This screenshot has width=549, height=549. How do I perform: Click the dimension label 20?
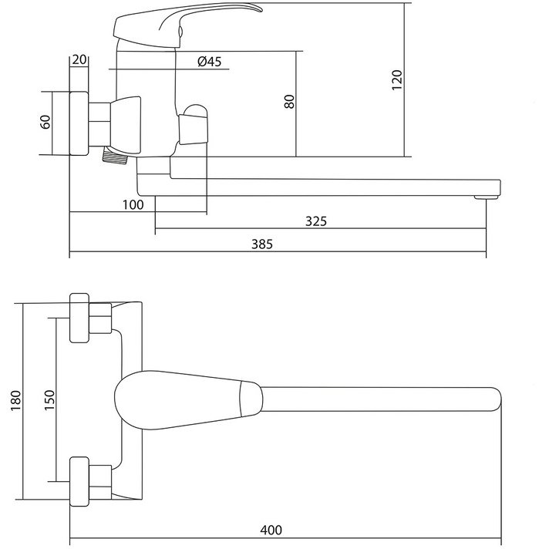point(79,59)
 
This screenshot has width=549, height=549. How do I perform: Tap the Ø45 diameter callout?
point(210,62)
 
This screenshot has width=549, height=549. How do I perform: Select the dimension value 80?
point(289,102)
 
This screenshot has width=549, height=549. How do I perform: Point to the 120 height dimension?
point(396,80)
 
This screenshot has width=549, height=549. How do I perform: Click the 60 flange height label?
point(45,122)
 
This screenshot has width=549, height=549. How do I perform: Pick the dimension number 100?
point(133,204)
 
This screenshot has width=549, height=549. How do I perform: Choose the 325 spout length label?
point(316,221)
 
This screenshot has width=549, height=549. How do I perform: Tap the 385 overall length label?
point(262,244)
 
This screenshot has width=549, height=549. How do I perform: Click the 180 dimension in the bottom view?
point(16,400)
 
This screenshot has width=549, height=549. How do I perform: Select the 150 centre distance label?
point(49,400)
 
